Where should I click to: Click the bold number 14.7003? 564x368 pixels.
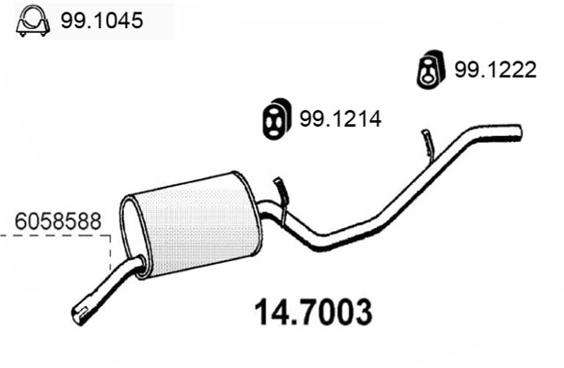tap(313, 310)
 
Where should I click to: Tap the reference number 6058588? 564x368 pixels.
tap(57, 222)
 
